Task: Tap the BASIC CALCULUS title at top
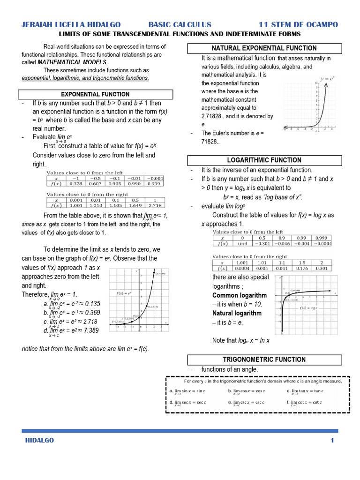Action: tap(180, 24)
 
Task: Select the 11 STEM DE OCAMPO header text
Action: tap(298, 24)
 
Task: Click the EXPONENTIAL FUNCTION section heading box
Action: tap(96, 95)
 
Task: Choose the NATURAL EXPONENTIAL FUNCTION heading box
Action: tap(264, 48)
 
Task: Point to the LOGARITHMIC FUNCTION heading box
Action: tap(264, 160)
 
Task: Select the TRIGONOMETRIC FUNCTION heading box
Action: tap(264, 360)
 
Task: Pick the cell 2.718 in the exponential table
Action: tap(155, 205)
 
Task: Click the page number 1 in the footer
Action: tap(332, 440)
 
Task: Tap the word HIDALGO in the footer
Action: tap(39, 440)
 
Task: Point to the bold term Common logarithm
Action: tap(239, 295)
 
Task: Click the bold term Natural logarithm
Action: tap(237, 313)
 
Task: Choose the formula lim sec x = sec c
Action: tap(187, 403)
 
